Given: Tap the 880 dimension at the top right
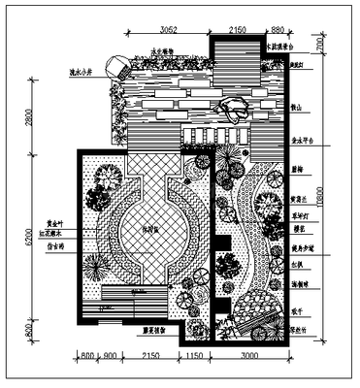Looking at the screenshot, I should [278, 30].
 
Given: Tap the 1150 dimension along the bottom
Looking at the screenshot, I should [194, 357].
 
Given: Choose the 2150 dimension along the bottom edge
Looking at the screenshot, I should [150, 357].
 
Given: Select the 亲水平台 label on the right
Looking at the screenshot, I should [303, 139].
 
